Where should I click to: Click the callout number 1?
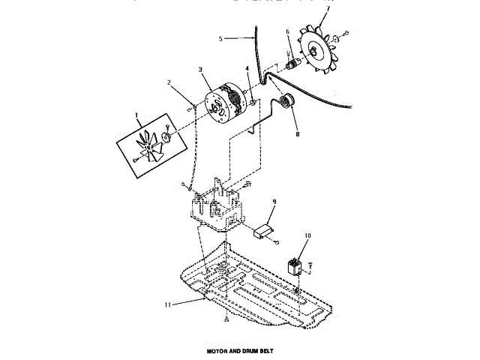(137, 116)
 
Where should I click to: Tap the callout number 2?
(169, 82)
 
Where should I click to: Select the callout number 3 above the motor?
(201, 70)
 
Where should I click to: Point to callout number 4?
(247, 71)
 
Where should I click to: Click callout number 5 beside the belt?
(221, 38)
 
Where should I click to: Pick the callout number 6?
(287, 31)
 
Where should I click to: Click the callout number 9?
(274, 202)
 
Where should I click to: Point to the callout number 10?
(307, 236)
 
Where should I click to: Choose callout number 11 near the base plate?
(168, 304)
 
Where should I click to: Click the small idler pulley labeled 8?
(285, 101)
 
